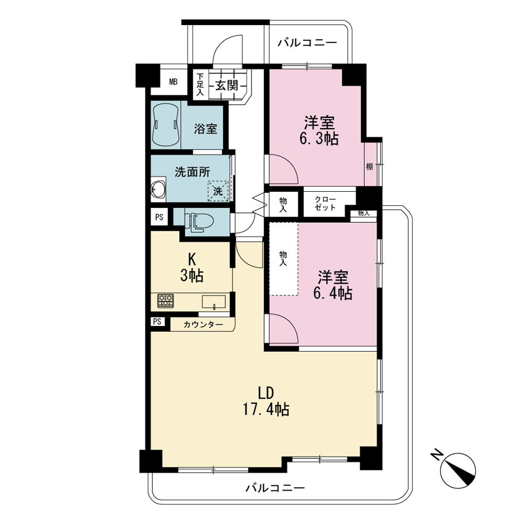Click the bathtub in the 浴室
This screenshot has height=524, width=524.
tap(166, 125)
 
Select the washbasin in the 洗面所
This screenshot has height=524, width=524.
tap(158, 190)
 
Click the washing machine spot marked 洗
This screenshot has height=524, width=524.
tap(218, 191)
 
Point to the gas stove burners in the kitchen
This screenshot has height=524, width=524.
tap(166, 300)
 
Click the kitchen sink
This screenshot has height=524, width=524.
tap(214, 302)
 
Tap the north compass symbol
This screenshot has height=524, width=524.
tap(457, 470)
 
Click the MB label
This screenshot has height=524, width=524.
tap(173, 82)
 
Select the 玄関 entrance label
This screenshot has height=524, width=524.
tap(226, 85)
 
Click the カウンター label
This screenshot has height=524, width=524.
tap(203, 324)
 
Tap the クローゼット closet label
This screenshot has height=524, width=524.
tap(325, 203)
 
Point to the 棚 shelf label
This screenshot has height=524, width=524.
tap(369, 167)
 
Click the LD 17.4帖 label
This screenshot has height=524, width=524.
tap(266, 401)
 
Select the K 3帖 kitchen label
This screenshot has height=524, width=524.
tap(192, 267)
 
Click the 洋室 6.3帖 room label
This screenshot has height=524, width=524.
tap(319, 130)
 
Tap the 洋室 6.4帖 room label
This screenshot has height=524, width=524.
tap(333, 285)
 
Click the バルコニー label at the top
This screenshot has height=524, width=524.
tap(308, 43)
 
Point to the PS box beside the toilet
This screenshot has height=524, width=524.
tap(159, 217)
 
